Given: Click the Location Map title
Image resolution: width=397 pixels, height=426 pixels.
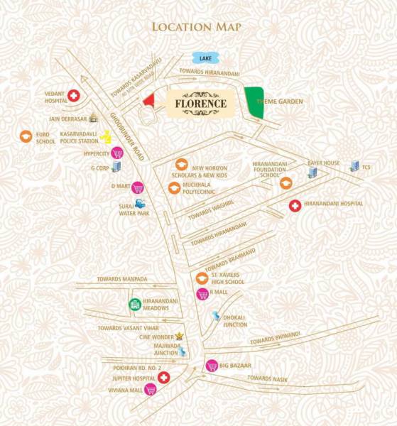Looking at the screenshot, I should click(196, 27).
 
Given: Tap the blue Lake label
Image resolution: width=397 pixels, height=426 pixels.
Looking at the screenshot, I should click(205, 58).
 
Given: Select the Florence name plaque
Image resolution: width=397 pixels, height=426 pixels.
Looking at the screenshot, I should click(201, 104).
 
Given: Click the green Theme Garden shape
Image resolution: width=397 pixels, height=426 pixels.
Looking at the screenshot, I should click(254, 102).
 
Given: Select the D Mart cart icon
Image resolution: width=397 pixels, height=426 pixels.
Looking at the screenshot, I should click(137, 187).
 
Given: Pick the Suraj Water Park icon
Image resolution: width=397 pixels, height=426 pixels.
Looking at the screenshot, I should click(140, 204).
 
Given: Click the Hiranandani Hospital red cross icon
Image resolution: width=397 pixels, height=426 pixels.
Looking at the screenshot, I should click(294, 206).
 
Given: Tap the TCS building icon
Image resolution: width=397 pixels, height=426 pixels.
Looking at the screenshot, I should click(354, 165).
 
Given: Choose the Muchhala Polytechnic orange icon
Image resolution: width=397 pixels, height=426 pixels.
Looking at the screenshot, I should click(173, 188).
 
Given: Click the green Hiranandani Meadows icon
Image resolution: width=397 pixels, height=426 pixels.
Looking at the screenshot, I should click(134, 305).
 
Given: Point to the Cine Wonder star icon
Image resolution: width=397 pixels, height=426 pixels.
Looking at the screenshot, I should click(180, 335).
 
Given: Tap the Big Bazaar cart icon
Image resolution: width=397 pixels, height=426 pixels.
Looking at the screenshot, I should click(211, 366).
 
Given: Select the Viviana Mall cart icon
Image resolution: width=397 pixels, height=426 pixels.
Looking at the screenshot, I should click(150, 389).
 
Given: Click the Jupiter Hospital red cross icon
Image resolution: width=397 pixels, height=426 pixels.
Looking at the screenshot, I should click(163, 377).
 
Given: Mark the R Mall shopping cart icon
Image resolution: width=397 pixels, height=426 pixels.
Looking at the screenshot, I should click(202, 294).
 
